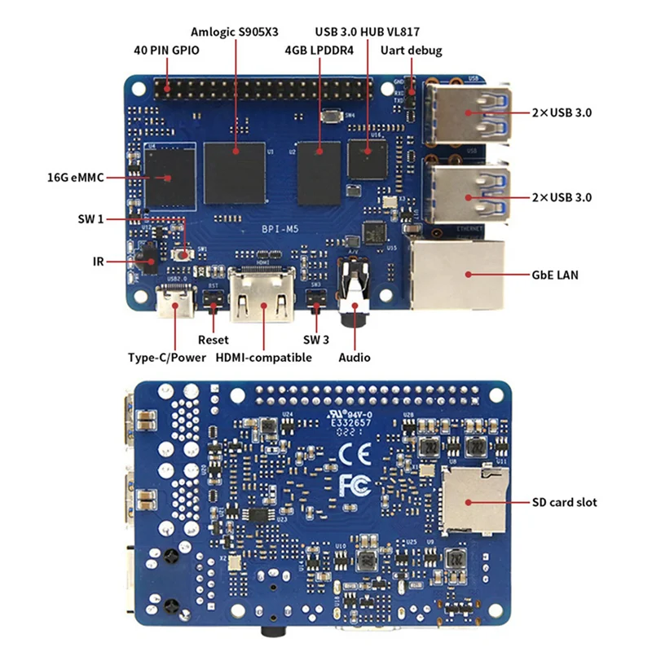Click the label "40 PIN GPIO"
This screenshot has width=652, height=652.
point(166,50)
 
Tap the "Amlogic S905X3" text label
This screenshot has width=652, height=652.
point(236,32)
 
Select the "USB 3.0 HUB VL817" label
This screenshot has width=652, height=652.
point(368,32)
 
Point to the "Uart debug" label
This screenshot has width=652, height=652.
point(411,50)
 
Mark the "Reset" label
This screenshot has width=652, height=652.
point(214,339)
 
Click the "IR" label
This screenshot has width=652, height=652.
point(97,261)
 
